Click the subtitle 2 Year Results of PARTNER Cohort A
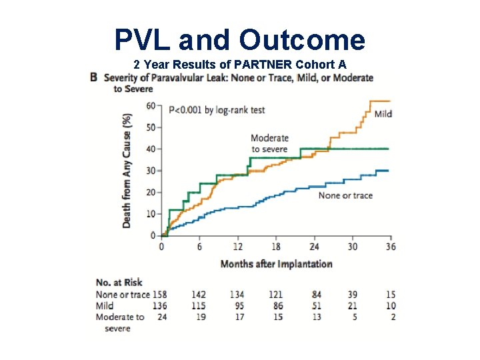point(239,65)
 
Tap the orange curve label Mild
point(383,114)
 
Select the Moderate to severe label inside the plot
point(269,143)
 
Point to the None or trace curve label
point(345,195)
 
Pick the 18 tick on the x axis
point(276,247)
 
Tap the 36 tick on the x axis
point(391,247)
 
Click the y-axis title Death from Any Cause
point(127,171)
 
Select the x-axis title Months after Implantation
point(276,264)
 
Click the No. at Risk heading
point(119,282)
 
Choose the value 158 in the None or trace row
point(159,294)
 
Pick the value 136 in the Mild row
point(159,305)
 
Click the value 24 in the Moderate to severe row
point(161,317)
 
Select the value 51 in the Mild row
point(315,305)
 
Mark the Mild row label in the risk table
point(105,305)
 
